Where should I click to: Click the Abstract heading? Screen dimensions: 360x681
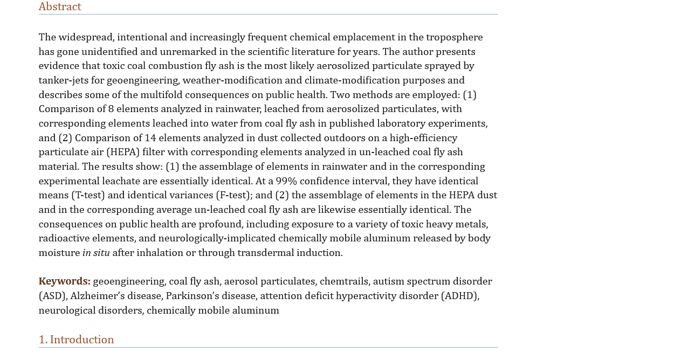point(60,7)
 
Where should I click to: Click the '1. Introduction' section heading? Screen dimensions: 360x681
point(76,340)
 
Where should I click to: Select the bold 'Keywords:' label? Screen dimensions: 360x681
point(64,282)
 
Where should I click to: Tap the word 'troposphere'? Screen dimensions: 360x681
point(454,38)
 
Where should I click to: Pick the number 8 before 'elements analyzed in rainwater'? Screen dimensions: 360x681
point(111,109)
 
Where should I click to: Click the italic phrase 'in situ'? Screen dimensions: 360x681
point(96,253)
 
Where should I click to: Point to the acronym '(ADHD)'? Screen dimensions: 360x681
point(459,296)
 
